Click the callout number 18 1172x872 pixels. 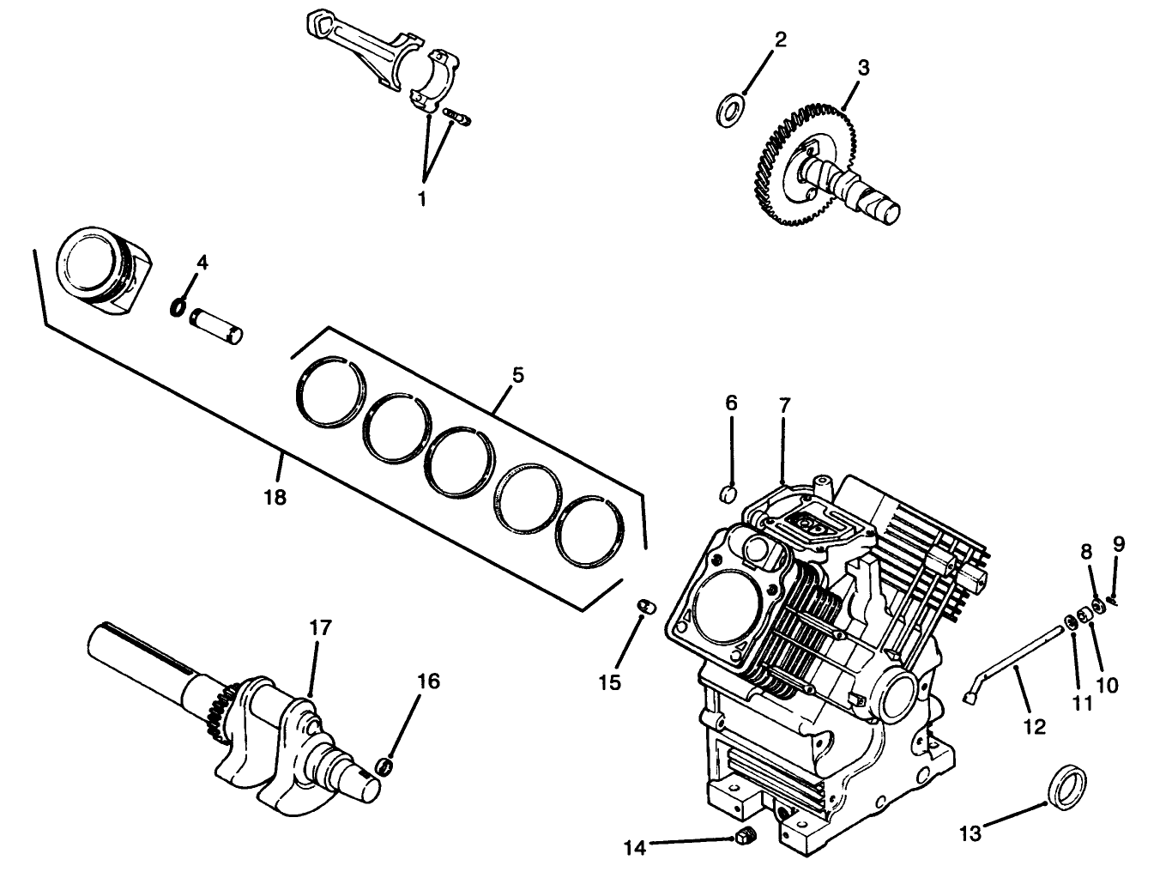point(275,496)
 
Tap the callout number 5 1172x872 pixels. point(517,375)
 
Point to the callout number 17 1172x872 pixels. point(319,627)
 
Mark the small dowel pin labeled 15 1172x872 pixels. point(646,607)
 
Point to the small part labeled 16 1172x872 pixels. point(387,765)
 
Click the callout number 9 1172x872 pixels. point(1119,543)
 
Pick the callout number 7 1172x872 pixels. point(783,403)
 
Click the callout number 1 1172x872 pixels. point(422,198)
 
